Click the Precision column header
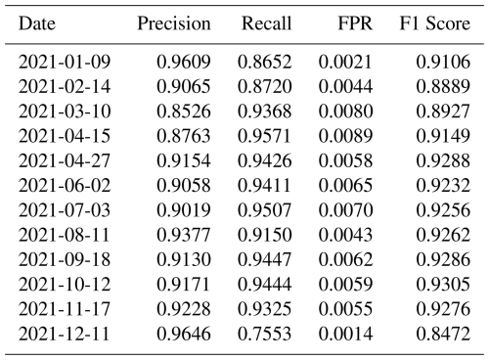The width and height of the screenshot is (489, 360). click(x=174, y=23)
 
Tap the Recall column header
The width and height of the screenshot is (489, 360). click(x=266, y=23)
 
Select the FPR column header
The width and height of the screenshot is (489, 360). click(x=355, y=23)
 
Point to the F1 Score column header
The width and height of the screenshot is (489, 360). click(x=435, y=23)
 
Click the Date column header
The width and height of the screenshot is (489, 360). click(x=37, y=23)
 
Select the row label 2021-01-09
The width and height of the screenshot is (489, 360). click(x=65, y=62)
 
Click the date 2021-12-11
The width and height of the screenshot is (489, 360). click(x=65, y=334)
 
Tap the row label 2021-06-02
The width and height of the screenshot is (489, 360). click(x=65, y=185)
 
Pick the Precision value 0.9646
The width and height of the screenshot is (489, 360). click(x=184, y=334)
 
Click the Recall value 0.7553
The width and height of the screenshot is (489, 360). click(x=264, y=334)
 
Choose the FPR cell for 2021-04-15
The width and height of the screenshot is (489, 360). click(x=345, y=136)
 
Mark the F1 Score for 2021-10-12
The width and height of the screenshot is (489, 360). click(x=443, y=284)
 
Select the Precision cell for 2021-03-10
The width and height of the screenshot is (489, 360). click(x=184, y=112)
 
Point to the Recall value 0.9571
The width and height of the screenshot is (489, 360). click(x=264, y=136)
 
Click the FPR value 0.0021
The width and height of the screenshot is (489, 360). click(x=345, y=62)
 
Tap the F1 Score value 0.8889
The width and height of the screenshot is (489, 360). click(x=443, y=86)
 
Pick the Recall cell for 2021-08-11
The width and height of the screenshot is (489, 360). click(x=264, y=235)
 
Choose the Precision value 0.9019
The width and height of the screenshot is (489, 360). click(x=184, y=210)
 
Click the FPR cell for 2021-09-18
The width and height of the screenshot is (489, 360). click(x=345, y=259)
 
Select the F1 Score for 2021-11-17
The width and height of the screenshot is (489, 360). click(x=443, y=309)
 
